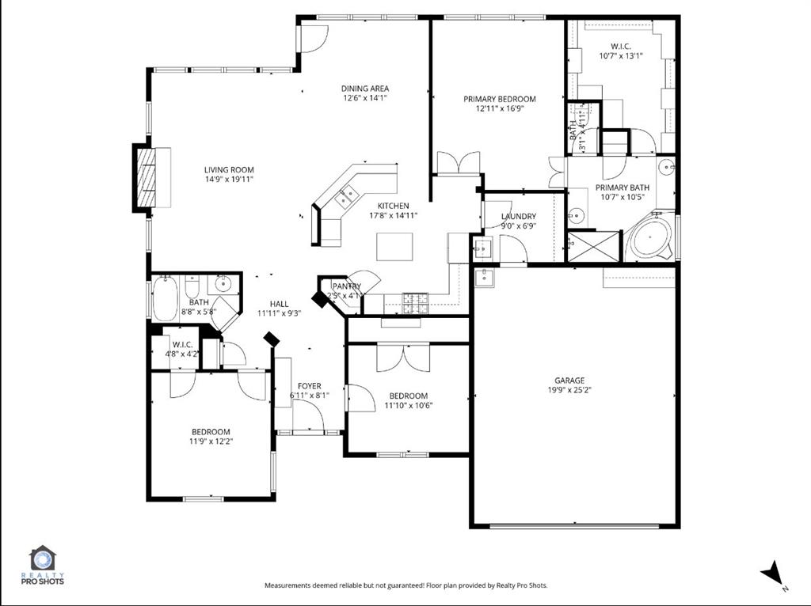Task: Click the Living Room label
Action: pyautogui.click(x=229, y=169)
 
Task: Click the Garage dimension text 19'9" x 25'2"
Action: pyautogui.click(x=569, y=389)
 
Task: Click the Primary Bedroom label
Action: pyautogui.click(x=499, y=99)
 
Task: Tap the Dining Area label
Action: pyautogui.click(x=365, y=89)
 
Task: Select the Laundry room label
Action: pyautogui.click(x=518, y=216)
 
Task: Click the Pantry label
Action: pyautogui.click(x=346, y=286)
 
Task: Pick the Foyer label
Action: pyautogui.click(x=309, y=386)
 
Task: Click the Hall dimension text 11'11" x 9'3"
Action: pyautogui.click(x=279, y=313)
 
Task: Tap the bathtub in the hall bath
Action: pyautogui.click(x=166, y=297)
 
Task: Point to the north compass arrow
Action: pyautogui.click(x=771, y=573)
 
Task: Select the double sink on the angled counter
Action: pyautogui.click(x=346, y=195)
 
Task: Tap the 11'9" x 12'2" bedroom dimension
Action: pyautogui.click(x=210, y=441)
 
